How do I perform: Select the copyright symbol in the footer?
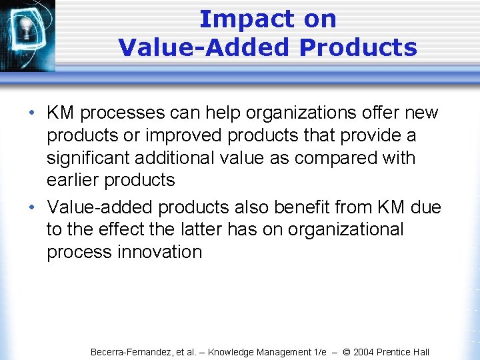pyautogui.click(x=345, y=352)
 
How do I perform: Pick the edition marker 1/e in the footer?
pyautogui.click(x=317, y=352)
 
